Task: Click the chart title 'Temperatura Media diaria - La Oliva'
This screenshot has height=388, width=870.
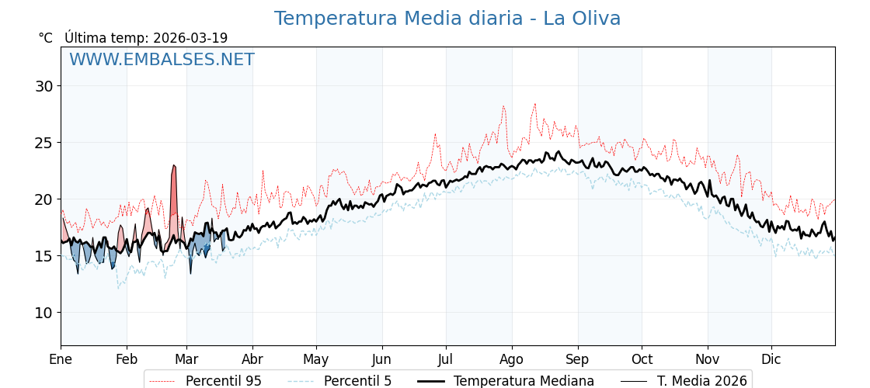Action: pyautogui.click(x=447, y=19)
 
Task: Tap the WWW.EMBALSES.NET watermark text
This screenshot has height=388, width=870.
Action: pyautogui.click(x=162, y=60)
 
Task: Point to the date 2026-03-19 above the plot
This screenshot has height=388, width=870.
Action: pyautogui.click(x=190, y=38)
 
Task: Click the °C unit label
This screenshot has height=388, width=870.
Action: pyautogui.click(x=46, y=38)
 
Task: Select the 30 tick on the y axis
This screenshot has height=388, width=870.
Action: pyautogui.click(x=43, y=86)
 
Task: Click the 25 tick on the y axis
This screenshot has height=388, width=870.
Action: pyautogui.click(x=43, y=143)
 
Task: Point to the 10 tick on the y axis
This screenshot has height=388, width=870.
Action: pyautogui.click(x=43, y=313)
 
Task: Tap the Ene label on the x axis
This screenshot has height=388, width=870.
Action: pyautogui.click(x=61, y=359)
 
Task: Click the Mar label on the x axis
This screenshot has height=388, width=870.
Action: pyautogui.click(x=186, y=359)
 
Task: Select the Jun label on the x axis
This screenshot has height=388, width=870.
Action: pyautogui.click(x=381, y=359)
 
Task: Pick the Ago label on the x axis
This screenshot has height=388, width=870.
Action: pyautogui.click(x=512, y=359)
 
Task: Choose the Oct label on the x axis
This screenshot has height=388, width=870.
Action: pyautogui.click(x=642, y=359)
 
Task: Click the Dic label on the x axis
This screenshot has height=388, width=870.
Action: pyautogui.click(x=771, y=359)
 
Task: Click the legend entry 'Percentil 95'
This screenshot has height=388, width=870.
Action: pyautogui.click(x=223, y=381)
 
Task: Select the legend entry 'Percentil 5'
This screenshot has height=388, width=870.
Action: pyautogui.click(x=357, y=381)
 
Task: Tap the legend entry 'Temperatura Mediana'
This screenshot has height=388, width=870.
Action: pyautogui.click(x=524, y=381)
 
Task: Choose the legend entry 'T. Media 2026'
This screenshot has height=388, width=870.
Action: pyautogui.click(x=701, y=381)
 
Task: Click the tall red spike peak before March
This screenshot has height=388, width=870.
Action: pyautogui.click(x=174, y=165)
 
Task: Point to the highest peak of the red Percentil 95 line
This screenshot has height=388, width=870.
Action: pyautogui.click(x=534, y=104)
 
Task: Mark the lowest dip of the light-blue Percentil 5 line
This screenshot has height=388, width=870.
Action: pyautogui.click(x=118, y=289)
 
